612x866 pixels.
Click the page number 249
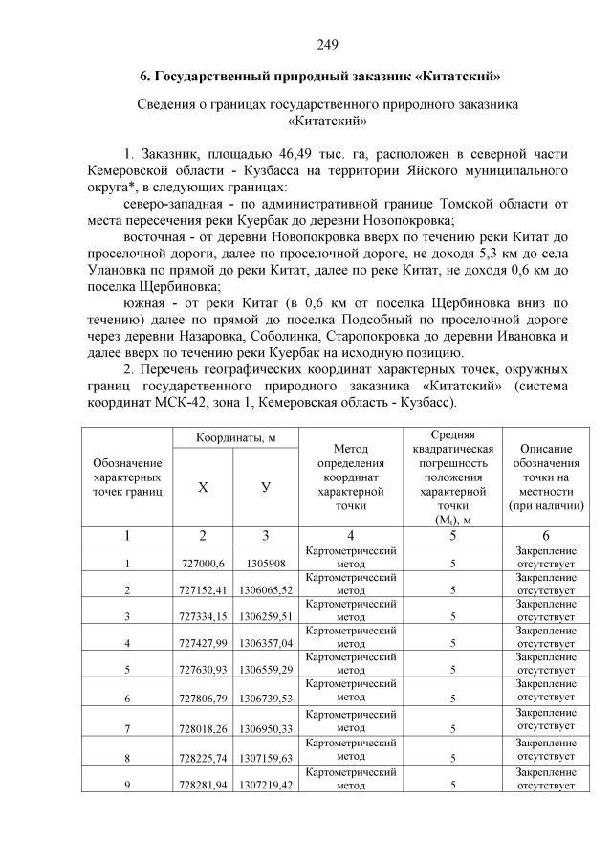coord(327,44)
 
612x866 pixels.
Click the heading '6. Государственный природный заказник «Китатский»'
coord(327,75)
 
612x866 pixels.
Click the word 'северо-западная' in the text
coord(168,204)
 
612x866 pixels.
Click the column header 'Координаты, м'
coord(235,437)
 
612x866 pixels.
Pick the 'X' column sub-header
coord(203,487)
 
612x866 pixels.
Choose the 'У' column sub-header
coord(266,487)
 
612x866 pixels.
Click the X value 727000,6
coord(201,563)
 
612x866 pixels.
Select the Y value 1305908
coord(267,563)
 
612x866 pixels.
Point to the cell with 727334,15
coord(201,617)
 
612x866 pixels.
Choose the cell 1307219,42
coord(267,785)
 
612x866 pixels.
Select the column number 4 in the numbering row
coord(350,535)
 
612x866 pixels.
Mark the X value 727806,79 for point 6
coord(201,700)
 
